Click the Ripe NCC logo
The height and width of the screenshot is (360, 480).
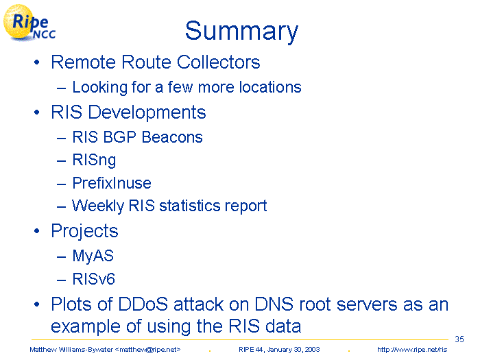tap(29, 23)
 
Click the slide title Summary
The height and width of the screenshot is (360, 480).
tap(241, 32)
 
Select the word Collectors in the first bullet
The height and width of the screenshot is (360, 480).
tap(218, 62)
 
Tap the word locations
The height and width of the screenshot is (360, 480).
tap(270, 87)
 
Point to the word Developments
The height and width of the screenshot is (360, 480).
tap(147, 113)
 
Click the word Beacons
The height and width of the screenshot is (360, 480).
tap(172, 137)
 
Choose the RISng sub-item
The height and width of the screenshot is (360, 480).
tap(94, 160)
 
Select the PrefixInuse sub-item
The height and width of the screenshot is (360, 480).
tap(112, 183)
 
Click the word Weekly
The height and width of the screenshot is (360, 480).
tap(98, 206)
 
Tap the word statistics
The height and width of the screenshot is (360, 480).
tap(190, 206)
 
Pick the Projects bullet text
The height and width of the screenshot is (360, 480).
tap(84, 231)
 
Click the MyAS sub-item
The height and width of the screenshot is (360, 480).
tap(93, 256)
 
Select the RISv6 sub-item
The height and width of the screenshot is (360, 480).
tap(94, 279)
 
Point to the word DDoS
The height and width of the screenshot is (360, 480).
tap(143, 304)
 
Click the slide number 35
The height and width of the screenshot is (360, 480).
tap(459, 339)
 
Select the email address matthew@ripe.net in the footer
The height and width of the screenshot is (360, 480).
tap(147, 350)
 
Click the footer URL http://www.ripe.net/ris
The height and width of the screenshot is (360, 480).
tap(412, 350)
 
